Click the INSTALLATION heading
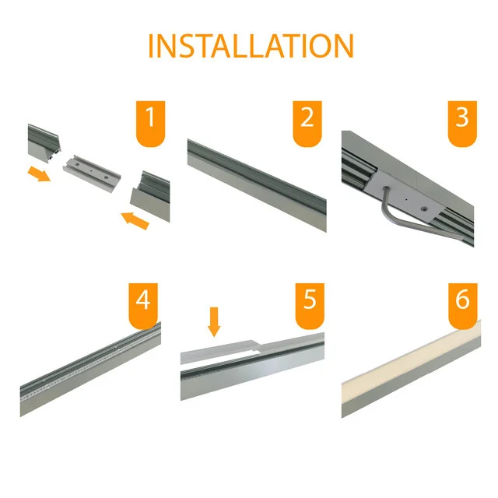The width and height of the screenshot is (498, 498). point(250,46)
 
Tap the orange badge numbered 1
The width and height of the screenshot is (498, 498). point(151,122)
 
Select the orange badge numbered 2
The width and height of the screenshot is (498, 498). point(307,122)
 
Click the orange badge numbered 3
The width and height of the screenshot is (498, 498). point(462,122)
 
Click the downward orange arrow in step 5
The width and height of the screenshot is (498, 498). point(215,321)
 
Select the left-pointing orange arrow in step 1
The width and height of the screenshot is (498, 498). point(135,222)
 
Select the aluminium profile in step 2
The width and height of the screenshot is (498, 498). point(257,183)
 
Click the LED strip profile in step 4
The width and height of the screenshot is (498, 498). point(89,362)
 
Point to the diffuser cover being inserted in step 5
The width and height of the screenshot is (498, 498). point(233,350)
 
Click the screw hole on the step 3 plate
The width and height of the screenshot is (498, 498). point(423,209)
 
